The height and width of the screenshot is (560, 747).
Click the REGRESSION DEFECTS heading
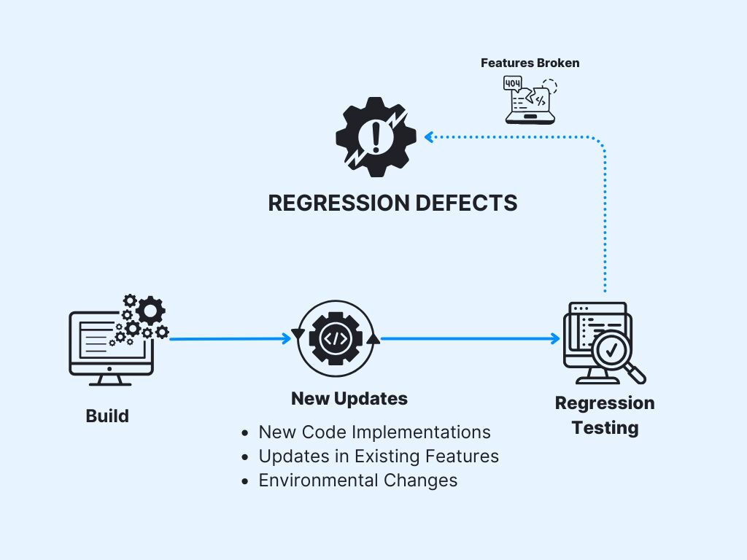[392, 203]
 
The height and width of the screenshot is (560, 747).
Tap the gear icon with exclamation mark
[376, 137]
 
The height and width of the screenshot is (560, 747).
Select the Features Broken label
[530, 63]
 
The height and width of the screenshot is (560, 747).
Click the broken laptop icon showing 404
[530, 101]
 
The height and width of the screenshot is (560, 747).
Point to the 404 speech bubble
[513, 84]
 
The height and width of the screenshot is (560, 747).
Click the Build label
[107, 416]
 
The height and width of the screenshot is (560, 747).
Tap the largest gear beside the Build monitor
[150, 310]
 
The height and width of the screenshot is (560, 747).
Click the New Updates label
[349, 399]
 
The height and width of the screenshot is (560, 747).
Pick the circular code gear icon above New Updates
[336, 338]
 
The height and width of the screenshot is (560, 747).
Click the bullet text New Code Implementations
[374, 432]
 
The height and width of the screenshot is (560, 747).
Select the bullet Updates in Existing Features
[379, 456]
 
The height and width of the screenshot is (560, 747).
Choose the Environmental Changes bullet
[357, 481]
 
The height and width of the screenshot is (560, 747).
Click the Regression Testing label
[605, 415]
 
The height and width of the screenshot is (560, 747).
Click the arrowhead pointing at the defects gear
[430, 136]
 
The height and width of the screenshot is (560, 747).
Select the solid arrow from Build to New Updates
[230, 338]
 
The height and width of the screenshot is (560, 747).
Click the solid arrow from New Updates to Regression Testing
[467, 338]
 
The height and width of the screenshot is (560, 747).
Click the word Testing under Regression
[605, 427]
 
